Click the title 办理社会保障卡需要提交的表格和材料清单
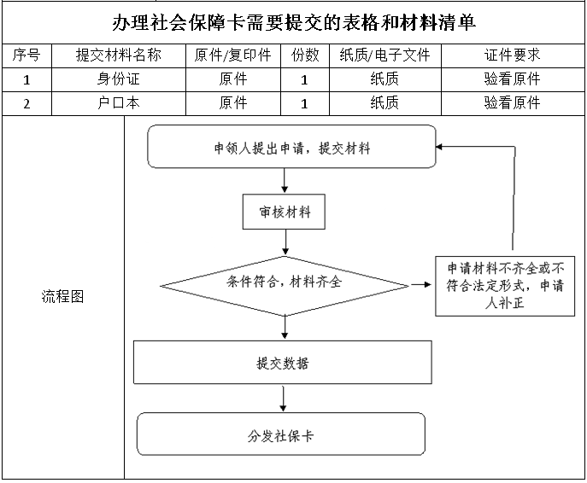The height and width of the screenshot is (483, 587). (x=294, y=23)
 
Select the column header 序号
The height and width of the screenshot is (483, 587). (x=26, y=55)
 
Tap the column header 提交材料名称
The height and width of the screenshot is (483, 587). (x=119, y=55)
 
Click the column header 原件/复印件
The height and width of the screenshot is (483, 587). (x=233, y=55)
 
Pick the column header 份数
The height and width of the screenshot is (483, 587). (x=305, y=55)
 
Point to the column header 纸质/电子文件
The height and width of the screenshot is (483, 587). (x=384, y=55)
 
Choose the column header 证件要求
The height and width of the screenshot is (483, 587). (x=513, y=55)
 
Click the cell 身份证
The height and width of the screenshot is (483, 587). (x=119, y=79)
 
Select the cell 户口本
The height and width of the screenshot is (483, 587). (x=119, y=102)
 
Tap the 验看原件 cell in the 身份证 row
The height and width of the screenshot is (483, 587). (x=513, y=79)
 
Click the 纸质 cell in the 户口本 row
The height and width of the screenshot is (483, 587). (x=384, y=102)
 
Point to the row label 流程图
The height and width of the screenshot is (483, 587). (x=63, y=297)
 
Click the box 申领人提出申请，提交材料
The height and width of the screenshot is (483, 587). (x=292, y=147)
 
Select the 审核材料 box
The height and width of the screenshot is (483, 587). (x=284, y=212)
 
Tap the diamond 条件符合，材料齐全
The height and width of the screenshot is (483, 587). (x=285, y=286)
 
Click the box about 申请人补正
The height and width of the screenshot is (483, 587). (x=505, y=286)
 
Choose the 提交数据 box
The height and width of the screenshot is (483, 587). (x=283, y=362)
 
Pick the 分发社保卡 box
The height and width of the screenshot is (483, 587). (x=281, y=434)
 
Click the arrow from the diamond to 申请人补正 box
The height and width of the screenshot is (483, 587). (x=421, y=285)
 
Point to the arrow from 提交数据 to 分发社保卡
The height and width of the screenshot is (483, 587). (x=283, y=399)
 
